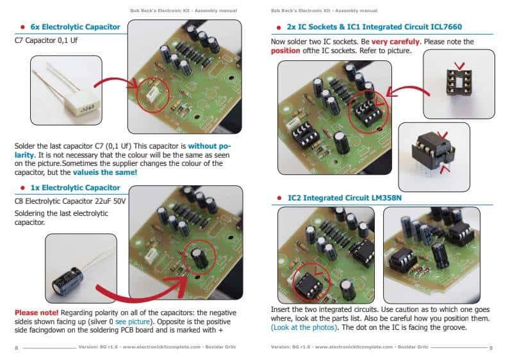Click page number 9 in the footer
[x=490, y=347]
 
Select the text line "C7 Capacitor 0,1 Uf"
[x=45, y=42]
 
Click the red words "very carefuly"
[x=395, y=42]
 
